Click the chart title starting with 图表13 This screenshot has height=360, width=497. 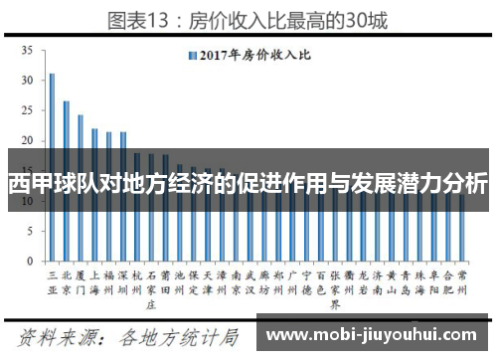click(248, 17)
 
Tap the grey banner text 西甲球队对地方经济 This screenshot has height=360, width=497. click(248, 184)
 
